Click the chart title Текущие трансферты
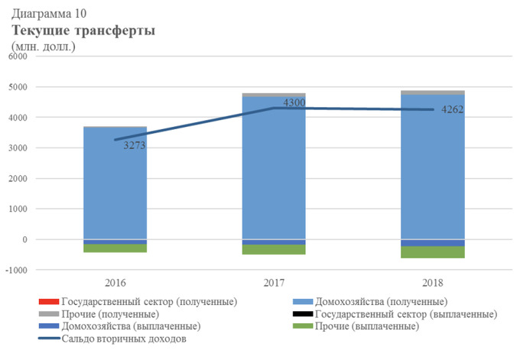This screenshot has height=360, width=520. (x=83, y=31)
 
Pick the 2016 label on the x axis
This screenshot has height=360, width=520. (x=115, y=283)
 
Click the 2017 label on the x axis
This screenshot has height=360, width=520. (x=274, y=283)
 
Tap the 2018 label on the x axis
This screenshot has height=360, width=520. (x=433, y=283)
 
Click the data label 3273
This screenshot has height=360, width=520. (x=135, y=145)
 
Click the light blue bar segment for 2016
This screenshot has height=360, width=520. (x=115, y=183)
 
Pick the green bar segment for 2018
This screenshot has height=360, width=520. (x=433, y=252)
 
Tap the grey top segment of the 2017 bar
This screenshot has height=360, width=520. (x=274, y=95)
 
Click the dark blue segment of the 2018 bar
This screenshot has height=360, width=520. (x=433, y=242)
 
